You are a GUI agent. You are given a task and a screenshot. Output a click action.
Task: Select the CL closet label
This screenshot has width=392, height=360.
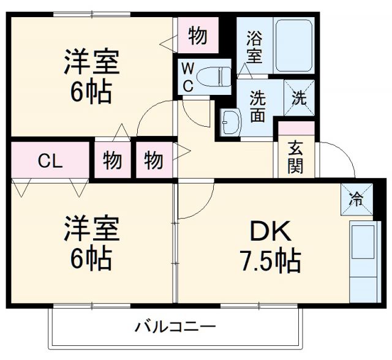point(50,161)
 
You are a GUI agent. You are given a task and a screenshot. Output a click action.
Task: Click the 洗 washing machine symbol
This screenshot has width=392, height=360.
point(299,98)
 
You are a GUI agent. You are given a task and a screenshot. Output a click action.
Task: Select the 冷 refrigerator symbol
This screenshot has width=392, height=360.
point(356,198)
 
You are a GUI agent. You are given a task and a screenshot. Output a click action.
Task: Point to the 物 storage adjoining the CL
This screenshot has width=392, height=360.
point(112,160)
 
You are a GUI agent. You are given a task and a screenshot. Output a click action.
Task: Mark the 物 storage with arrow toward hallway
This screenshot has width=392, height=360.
point(154,160)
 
